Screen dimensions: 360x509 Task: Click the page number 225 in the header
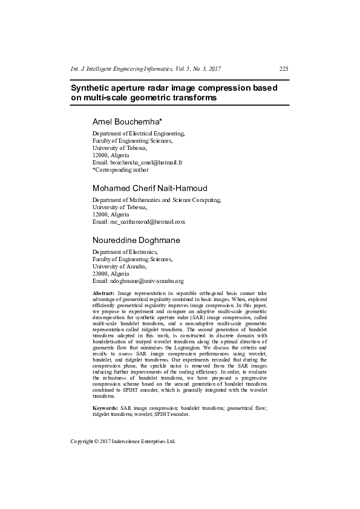(x=283, y=68)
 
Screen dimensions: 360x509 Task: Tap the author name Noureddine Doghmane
(x=136, y=240)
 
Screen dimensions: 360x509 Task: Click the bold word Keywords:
(x=104, y=409)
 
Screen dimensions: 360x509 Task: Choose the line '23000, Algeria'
(x=111, y=273)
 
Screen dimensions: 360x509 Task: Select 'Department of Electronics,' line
(x=125, y=251)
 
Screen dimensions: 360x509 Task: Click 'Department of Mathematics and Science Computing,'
(x=157, y=199)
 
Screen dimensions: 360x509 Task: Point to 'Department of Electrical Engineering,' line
(x=139, y=133)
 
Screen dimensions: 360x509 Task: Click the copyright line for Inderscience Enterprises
(x=123, y=441)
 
